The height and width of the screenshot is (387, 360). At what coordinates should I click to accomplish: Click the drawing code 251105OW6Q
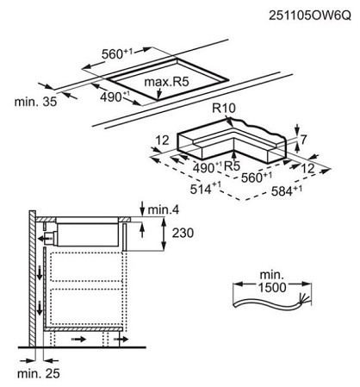(x=310, y=16)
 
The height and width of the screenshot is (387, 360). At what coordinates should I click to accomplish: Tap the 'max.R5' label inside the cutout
(x=166, y=82)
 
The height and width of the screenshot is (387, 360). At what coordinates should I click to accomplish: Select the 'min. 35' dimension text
(x=35, y=102)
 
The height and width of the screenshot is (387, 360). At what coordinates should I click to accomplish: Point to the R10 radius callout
(x=224, y=108)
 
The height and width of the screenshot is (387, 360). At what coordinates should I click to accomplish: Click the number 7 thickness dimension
(x=303, y=140)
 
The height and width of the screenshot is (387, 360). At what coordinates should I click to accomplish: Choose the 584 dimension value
(x=286, y=190)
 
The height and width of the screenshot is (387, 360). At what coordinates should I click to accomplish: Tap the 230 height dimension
(x=183, y=233)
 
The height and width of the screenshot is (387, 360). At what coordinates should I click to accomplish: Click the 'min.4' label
(x=164, y=210)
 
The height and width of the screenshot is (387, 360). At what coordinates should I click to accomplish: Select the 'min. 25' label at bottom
(x=39, y=373)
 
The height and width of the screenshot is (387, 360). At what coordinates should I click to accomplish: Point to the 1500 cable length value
(x=272, y=287)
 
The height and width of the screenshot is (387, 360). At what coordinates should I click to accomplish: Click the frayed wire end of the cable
(x=304, y=299)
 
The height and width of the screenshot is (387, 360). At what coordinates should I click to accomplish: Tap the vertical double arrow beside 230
(x=164, y=234)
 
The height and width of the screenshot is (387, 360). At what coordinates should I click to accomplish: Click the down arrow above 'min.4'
(x=142, y=209)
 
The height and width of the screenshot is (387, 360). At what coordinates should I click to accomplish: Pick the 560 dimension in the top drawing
(x=117, y=53)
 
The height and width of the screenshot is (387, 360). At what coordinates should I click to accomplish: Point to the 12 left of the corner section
(x=163, y=140)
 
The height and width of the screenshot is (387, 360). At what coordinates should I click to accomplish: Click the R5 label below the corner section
(x=232, y=166)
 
